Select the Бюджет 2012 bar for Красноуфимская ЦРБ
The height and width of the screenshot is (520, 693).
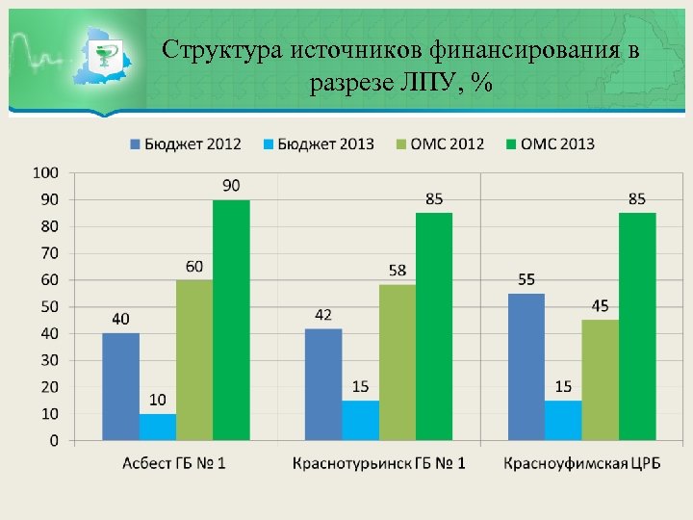(x=526, y=367)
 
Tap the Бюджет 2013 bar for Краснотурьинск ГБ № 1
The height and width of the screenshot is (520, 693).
(x=360, y=420)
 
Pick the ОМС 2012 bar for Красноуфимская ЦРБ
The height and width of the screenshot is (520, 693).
(x=600, y=379)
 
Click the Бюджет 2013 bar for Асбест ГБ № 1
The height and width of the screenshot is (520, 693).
(x=157, y=427)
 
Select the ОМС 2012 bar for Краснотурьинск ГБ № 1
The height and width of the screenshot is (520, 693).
(x=397, y=362)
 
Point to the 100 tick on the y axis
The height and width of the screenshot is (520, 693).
(x=45, y=172)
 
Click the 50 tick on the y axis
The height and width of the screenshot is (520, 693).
(x=48, y=306)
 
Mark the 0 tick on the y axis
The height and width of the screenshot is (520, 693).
(x=53, y=440)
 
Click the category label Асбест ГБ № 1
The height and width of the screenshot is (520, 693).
(x=174, y=463)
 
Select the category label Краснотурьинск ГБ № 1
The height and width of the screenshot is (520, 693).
(x=378, y=463)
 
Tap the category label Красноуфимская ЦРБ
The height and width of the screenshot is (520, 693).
(x=581, y=463)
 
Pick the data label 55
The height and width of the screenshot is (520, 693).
(x=526, y=279)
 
